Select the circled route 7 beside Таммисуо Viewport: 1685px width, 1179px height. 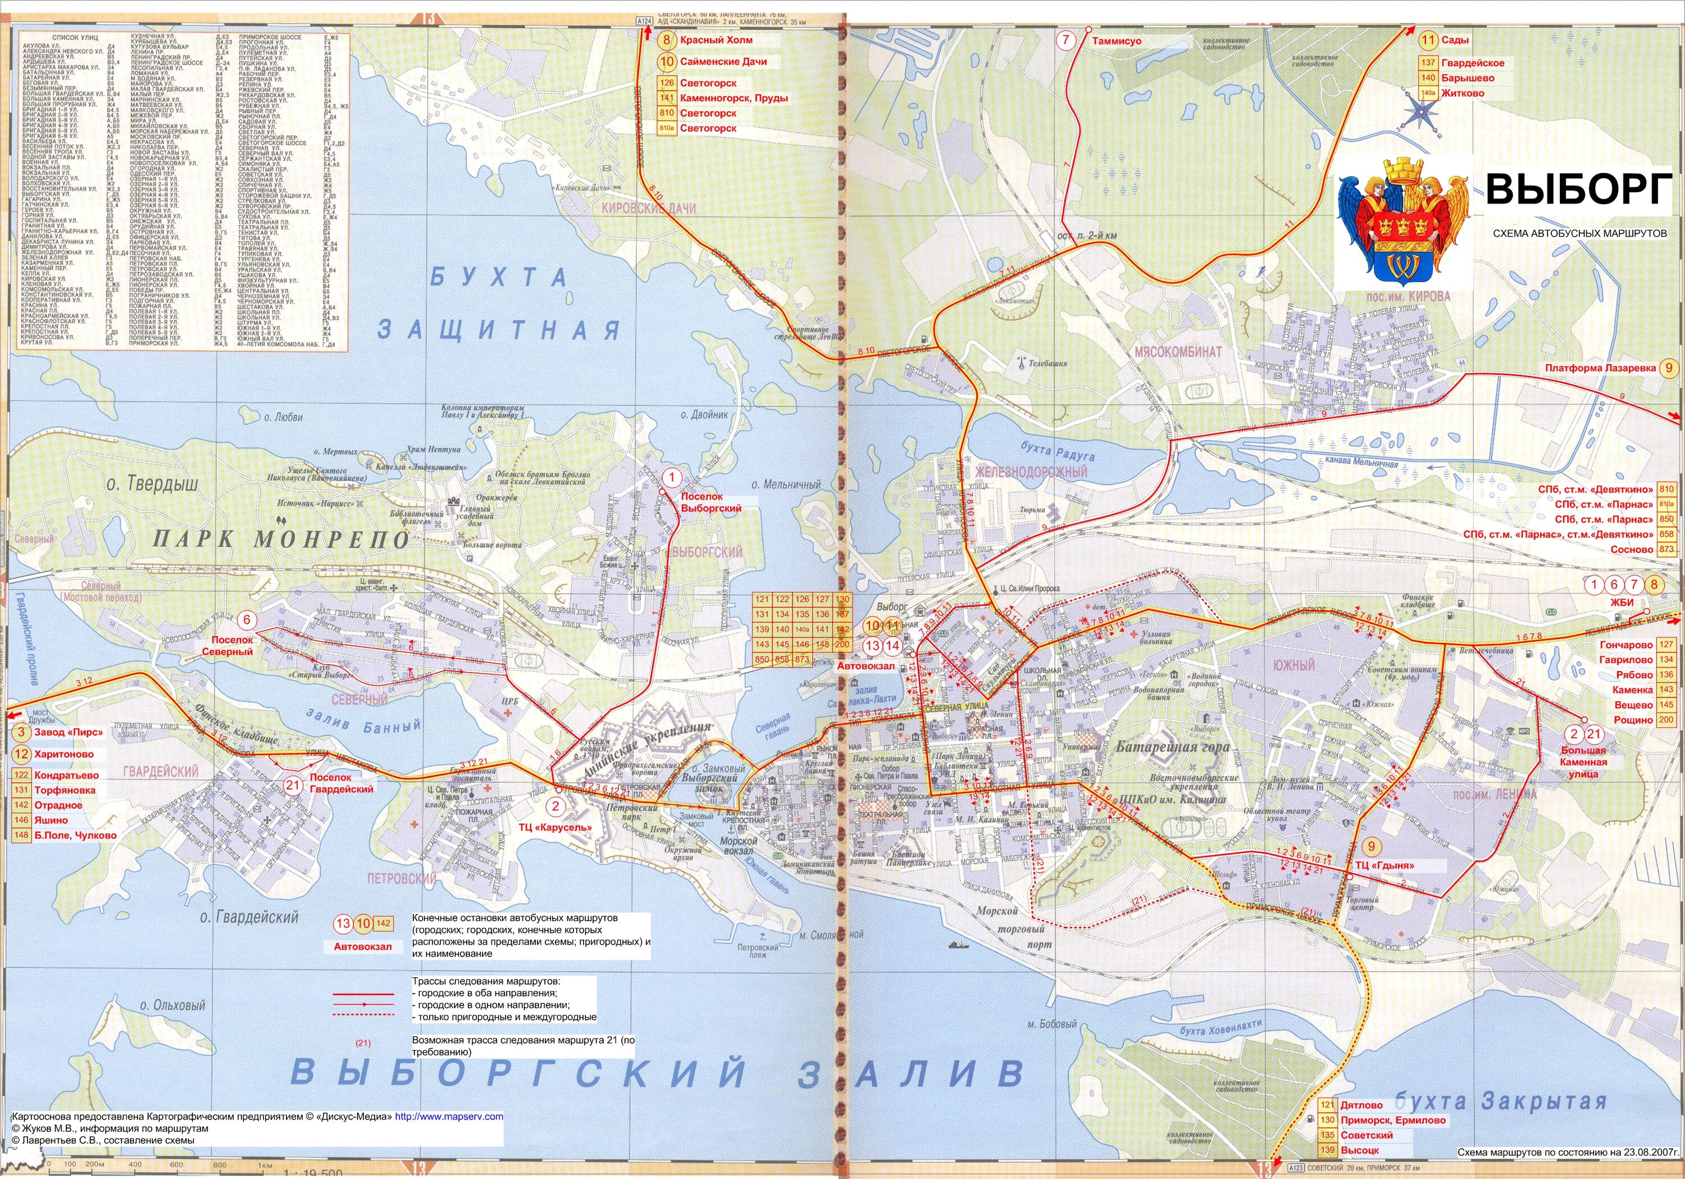pyautogui.click(x=1065, y=40)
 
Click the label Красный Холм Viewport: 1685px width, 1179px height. pyautogui.click(x=716, y=40)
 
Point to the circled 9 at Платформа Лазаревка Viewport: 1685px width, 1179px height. pyautogui.click(x=1670, y=368)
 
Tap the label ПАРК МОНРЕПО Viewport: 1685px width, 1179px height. pyautogui.click(x=280, y=539)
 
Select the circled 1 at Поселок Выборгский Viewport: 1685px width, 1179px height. pyautogui.click(x=670, y=477)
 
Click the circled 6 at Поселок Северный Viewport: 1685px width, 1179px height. pyautogui.click(x=247, y=620)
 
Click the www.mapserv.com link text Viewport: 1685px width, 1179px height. pyautogui.click(x=449, y=1117)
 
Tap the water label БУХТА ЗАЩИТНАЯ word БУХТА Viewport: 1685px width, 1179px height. pyautogui.click(x=498, y=278)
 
